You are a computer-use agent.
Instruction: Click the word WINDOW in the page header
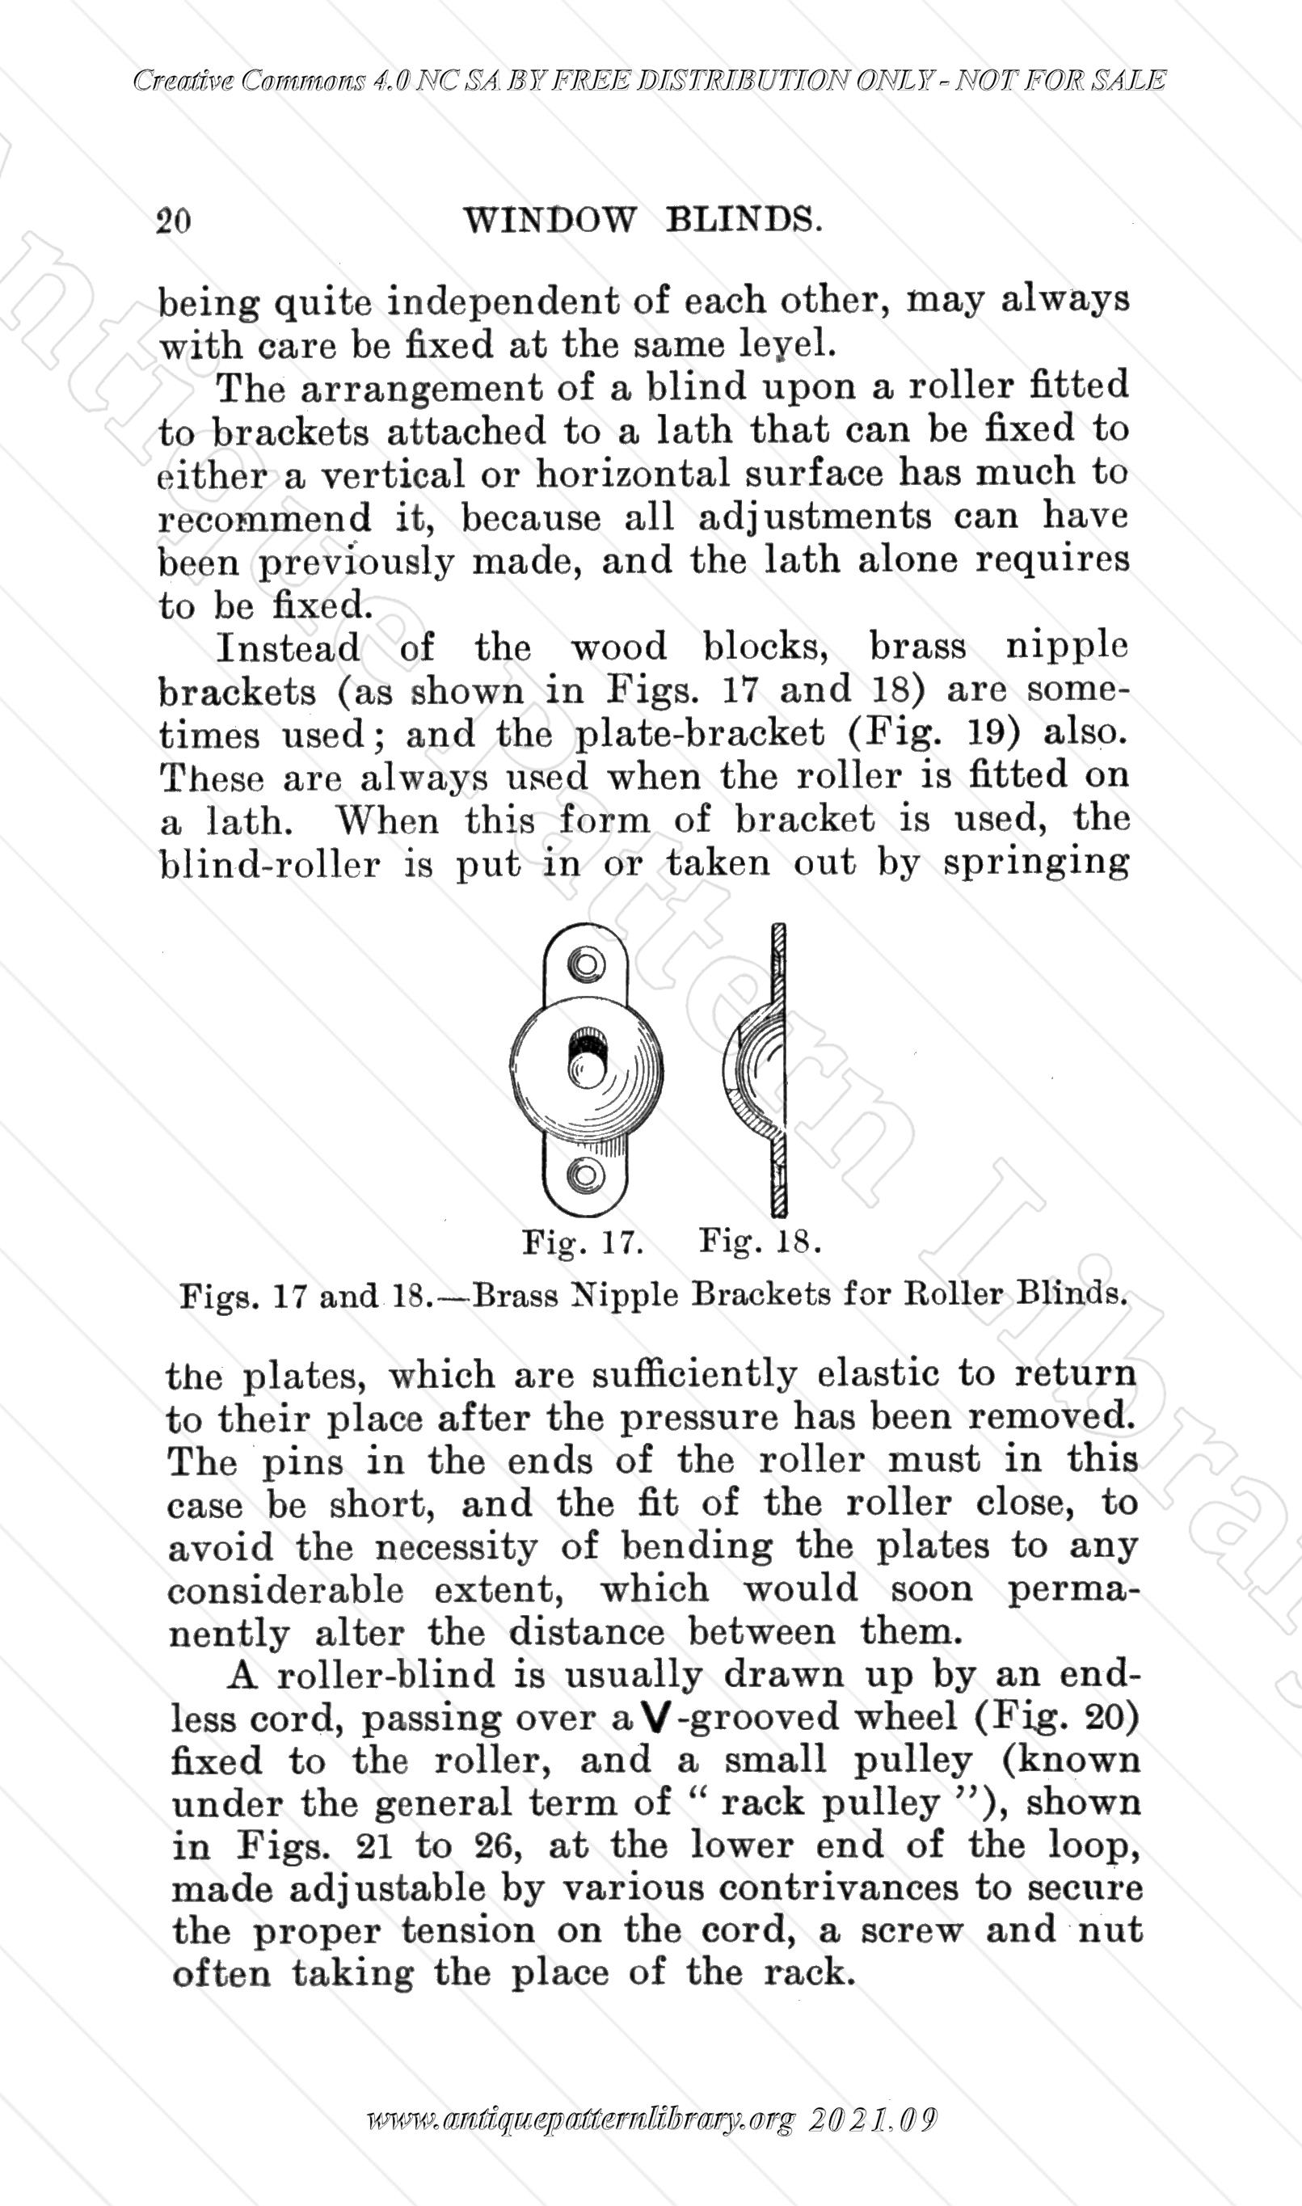pyautogui.click(x=548, y=219)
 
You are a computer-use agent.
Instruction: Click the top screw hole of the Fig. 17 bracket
pyautogui.click(x=586, y=963)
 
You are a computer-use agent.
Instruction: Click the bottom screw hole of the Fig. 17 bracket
pyautogui.click(x=586, y=1172)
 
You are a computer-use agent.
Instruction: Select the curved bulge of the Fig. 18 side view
pyautogui.click(x=746, y=1067)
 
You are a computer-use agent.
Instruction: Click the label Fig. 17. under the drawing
pyautogui.click(x=584, y=1242)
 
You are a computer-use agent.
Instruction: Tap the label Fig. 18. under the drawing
pyautogui.click(x=760, y=1242)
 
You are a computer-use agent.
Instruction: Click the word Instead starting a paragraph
pyautogui.click(x=288, y=648)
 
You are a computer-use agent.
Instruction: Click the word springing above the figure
pyautogui.click(x=1036, y=864)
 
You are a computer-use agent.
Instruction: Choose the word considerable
pyautogui.click(x=286, y=1589)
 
